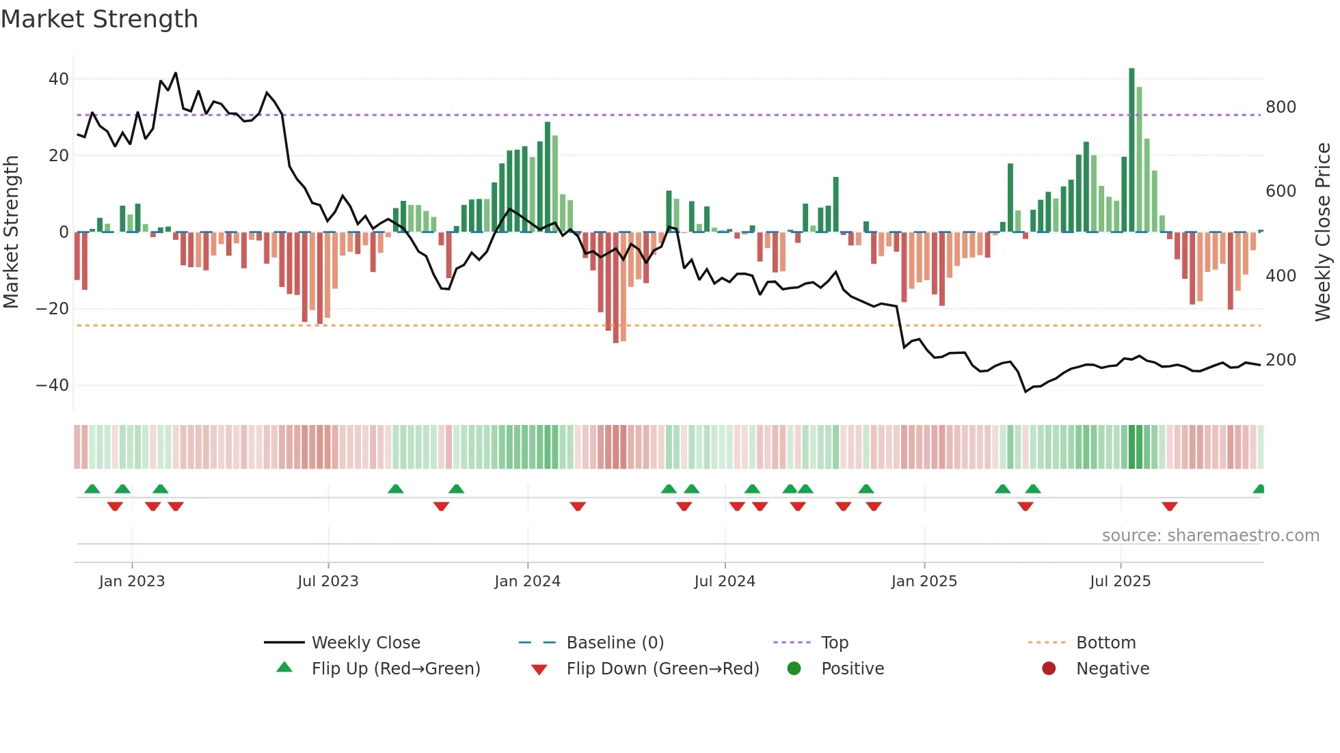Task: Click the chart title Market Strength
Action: (100, 19)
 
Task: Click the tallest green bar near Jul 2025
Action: (1131, 150)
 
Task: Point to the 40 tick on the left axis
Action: (59, 79)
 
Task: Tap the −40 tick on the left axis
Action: (53, 385)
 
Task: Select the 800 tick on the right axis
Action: (1281, 107)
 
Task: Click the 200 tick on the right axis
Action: (1281, 360)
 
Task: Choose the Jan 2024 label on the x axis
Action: (527, 581)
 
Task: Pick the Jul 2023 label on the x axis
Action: (328, 581)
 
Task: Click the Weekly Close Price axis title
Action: (1323, 232)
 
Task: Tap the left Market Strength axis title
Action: (12, 232)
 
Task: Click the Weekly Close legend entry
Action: (365, 643)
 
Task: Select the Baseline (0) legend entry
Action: (615, 643)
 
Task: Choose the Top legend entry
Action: (834, 643)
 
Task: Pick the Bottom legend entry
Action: (1105, 643)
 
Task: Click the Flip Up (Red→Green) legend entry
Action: (395, 669)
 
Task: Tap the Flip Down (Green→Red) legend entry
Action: (662, 669)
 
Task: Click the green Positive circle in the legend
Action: (794, 669)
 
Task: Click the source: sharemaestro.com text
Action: (1210, 536)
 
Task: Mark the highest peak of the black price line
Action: (176, 73)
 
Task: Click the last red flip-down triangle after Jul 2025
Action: (1169, 506)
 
